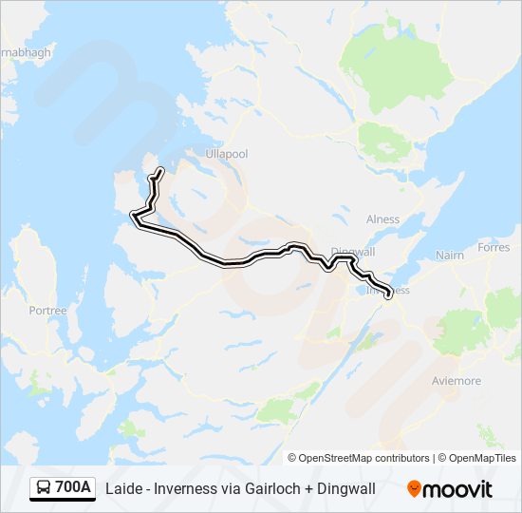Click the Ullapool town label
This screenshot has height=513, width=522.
(x=227, y=153)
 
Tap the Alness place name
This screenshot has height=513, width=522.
(x=382, y=219)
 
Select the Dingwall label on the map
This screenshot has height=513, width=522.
(x=354, y=252)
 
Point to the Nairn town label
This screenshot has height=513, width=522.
(x=449, y=256)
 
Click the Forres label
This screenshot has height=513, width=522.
(x=494, y=247)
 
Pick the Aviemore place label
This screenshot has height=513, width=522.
(x=457, y=381)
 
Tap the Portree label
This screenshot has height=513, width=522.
(x=48, y=310)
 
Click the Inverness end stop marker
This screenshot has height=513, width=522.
(x=388, y=294)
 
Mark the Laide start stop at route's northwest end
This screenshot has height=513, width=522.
(x=159, y=172)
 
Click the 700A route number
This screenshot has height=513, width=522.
(x=73, y=488)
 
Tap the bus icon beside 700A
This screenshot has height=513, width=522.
(x=44, y=488)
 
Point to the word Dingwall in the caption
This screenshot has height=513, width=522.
(x=343, y=489)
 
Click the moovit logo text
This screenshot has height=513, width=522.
(x=459, y=489)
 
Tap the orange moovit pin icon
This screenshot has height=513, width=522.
(x=414, y=489)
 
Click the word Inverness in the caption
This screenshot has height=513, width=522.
(x=182, y=489)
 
